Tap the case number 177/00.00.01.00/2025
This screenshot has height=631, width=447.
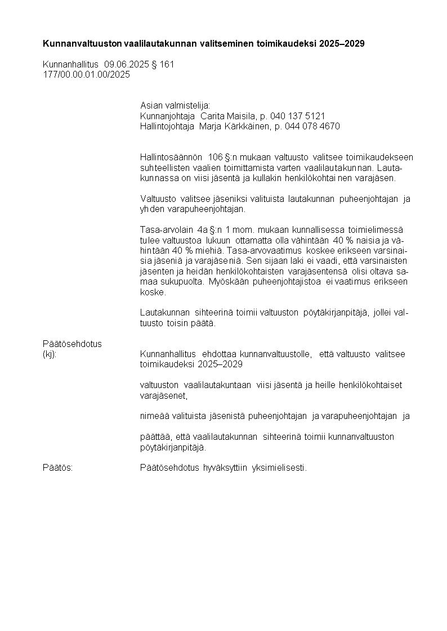pos(86,74)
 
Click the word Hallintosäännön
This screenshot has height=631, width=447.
pos(171,157)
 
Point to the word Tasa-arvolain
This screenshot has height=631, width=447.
pos(166,230)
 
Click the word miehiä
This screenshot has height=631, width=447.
pos(206,250)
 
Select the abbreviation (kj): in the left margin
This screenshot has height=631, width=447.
pos(50,354)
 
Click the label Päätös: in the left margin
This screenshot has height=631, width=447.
pos(57,468)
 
